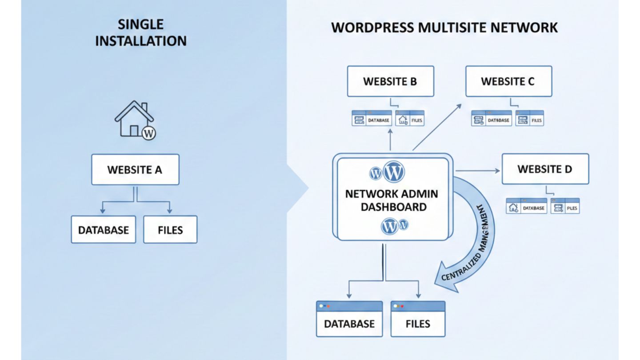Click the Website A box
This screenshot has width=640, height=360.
[x=135, y=169]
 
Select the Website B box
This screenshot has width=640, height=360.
[x=390, y=81]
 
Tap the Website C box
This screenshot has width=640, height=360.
[x=508, y=81]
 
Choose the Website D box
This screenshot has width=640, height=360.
[x=545, y=169]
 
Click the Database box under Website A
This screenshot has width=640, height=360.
[x=104, y=230]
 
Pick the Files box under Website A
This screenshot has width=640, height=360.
[x=170, y=230]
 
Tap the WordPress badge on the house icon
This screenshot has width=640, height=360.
[x=148, y=132]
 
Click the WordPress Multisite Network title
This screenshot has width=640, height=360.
[x=444, y=28]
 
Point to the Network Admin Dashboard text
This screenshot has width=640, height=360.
[x=392, y=200]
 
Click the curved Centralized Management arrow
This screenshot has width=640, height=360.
[x=476, y=240]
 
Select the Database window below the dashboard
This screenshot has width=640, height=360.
[x=349, y=319]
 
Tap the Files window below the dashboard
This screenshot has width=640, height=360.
[x=418, y=319]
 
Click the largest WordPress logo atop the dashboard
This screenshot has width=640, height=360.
[x=394, y=171]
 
